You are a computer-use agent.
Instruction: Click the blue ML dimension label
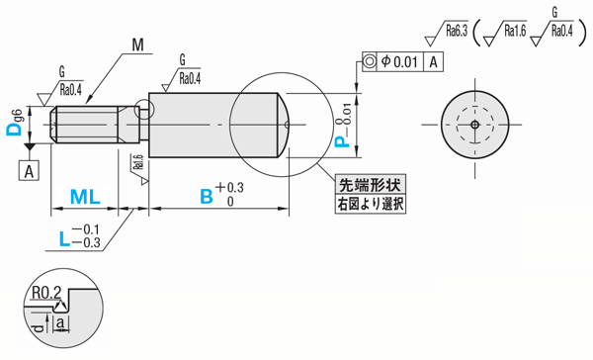(x=85, y=197)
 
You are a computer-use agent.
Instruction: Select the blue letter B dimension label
(x=207, y=197)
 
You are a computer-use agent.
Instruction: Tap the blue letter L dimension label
(x=64, y=239)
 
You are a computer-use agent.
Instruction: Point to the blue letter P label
(x=343, y=141)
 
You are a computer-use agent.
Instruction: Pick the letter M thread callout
(x=138, y=45)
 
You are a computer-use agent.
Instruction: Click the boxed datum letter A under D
(x=29, y=170)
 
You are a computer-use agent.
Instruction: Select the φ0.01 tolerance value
(x=399, y=61)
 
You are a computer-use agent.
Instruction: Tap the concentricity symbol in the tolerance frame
(x=370, y=61)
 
